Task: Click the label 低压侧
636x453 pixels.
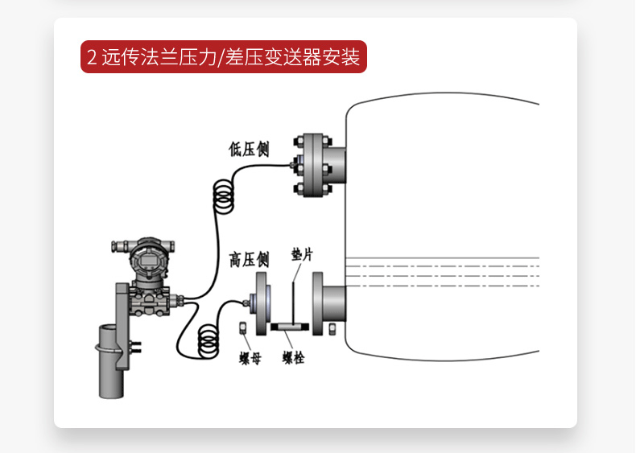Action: tap(249, 150)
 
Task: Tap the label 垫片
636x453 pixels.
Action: tap(302, 255)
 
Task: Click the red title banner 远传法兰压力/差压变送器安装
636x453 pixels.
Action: tap(223, 57)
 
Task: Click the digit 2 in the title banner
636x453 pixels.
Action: tap(92, 58)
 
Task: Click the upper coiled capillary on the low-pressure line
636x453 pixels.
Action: tap(222, 198)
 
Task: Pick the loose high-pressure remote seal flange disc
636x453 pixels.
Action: tap(262, 303)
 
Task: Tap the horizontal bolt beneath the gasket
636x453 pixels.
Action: tap(291, 327)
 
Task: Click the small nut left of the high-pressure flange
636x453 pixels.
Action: tap(242, 327)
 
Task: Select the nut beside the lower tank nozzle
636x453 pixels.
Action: tap(333, 328)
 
